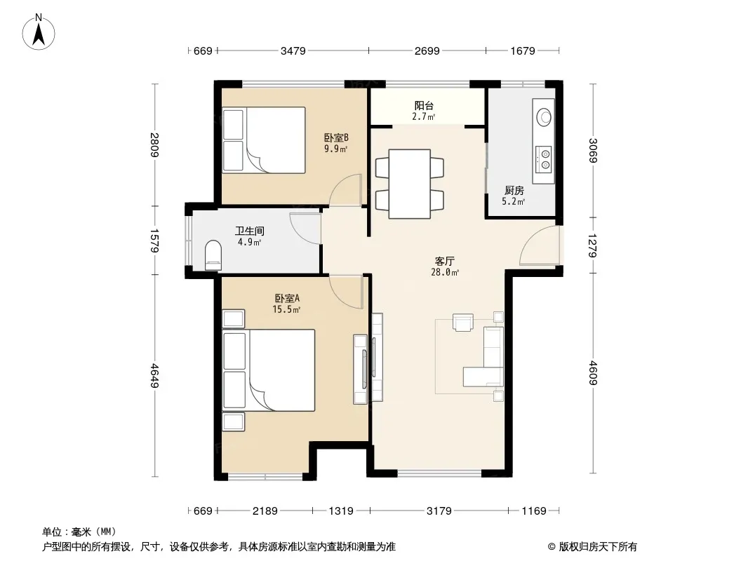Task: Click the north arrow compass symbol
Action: (x=39, y=32)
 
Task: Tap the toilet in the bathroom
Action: (x=213, y=255)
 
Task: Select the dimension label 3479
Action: (x=293, y=50)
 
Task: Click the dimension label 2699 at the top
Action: (x=427, y=50)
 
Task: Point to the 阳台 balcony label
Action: (x=424, y=106)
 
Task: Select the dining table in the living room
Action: (x=409, y=184)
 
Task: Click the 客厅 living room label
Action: (x=445, y=261)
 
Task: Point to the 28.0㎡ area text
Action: (x=445, y=273)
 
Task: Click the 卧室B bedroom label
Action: (x=336, y=137)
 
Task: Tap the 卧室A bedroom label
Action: (x=287, y=298)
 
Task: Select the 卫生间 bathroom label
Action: (x=250, y=231)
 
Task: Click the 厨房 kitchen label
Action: (x=514, y=191)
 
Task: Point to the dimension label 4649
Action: (x=154, y=376)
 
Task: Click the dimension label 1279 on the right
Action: (x=593, y=245)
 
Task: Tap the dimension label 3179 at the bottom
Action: (x=439, y=511)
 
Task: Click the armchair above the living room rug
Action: (x=462, y=322)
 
